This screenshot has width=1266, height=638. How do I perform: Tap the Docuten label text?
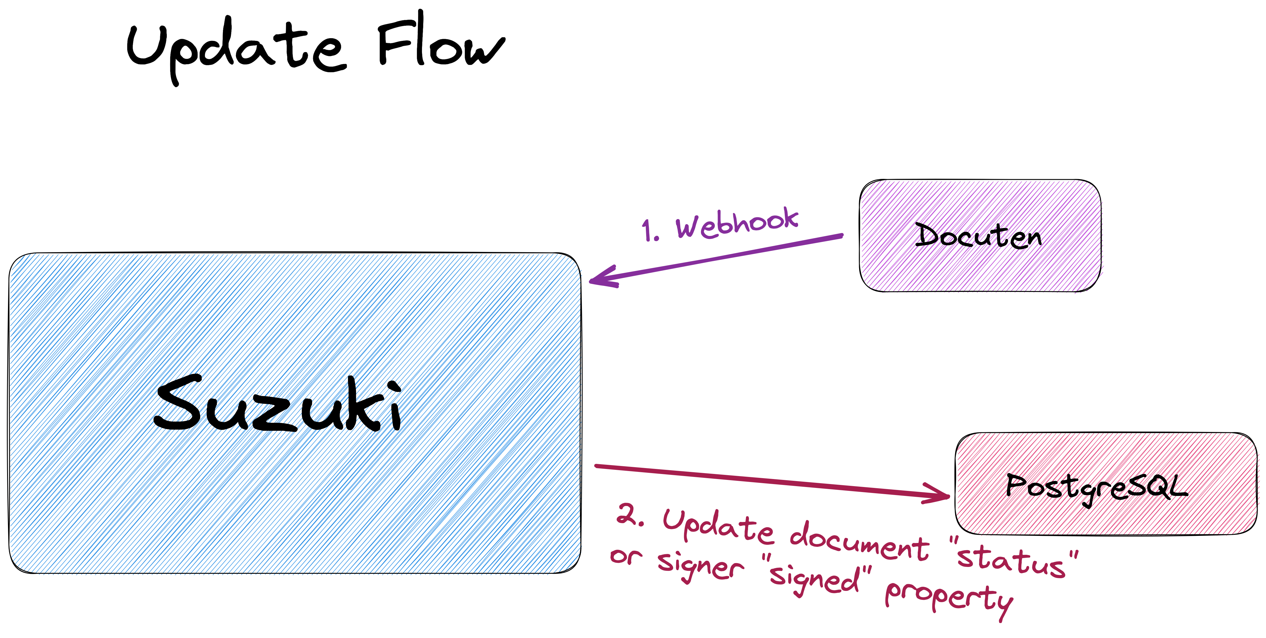(978, 236)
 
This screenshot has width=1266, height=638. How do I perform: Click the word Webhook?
(737, 224)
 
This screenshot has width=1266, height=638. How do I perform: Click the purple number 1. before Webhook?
(650, 230)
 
